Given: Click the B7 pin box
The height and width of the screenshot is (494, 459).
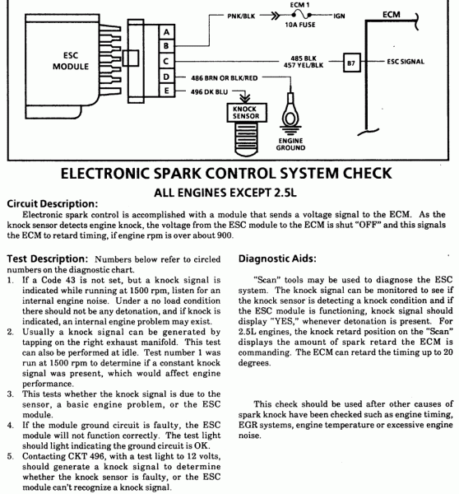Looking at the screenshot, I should pos(351,62).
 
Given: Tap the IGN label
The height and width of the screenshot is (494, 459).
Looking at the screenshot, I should pos(340,16).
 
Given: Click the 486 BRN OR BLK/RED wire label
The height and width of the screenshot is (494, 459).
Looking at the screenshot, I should pos(223,76).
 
